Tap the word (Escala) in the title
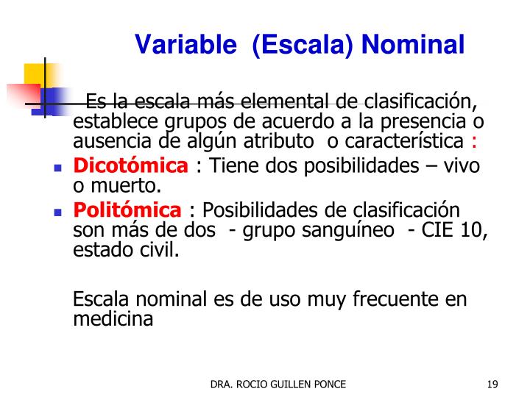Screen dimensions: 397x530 click(x=303, y=46)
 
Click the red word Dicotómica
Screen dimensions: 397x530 click(x=130, y=167)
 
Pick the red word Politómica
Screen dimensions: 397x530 click(x=127, y=211)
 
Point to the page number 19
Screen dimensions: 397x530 click(x=493, y=384)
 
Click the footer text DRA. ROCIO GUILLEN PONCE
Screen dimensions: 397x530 click(x=278, y=384)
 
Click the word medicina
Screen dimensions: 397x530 click(x=113, y=320)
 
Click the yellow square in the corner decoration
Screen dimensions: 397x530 click(x=35, y=74)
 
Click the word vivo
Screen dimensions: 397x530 click(x=465, y=167)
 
